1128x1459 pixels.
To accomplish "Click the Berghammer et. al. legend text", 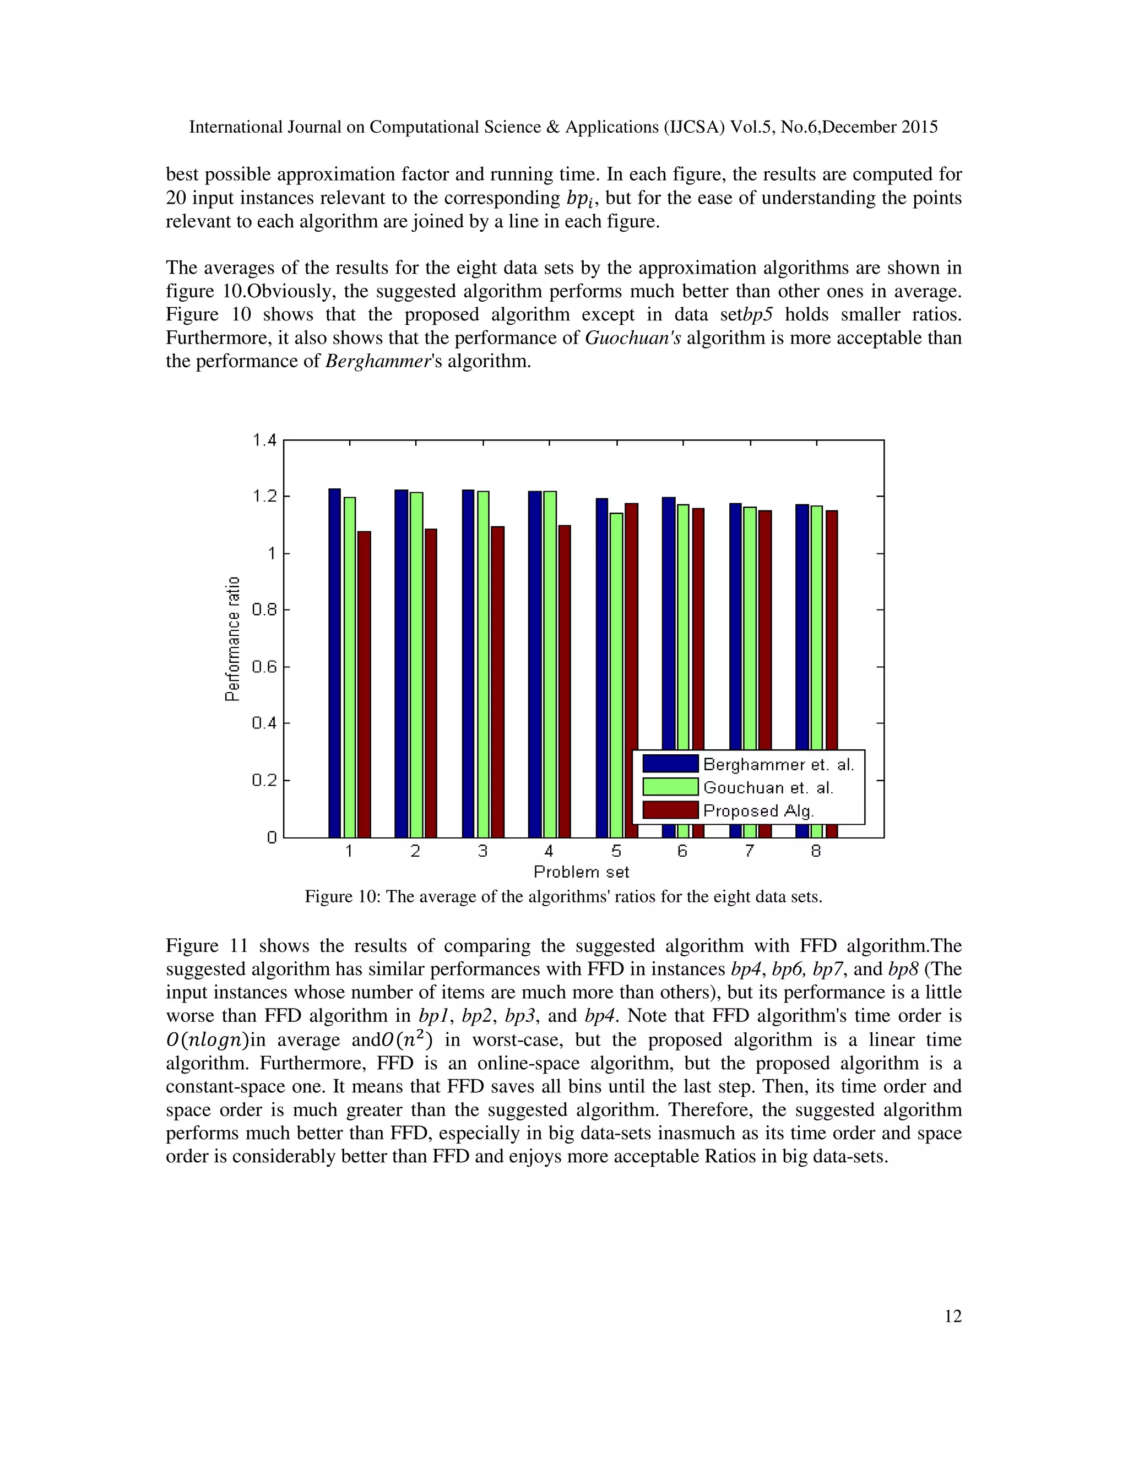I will (x=778, y=764).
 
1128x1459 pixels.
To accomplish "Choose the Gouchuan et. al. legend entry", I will (x=768, y=788).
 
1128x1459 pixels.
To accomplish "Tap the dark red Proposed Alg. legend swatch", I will (x=670, y=810).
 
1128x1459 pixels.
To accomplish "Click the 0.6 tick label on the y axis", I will (x=264, y=667).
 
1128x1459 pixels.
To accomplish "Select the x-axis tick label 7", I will (x=749, y=851).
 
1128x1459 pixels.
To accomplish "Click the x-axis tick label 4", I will (x=549, y=851).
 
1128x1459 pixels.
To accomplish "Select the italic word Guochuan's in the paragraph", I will (x=633, y=338).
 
